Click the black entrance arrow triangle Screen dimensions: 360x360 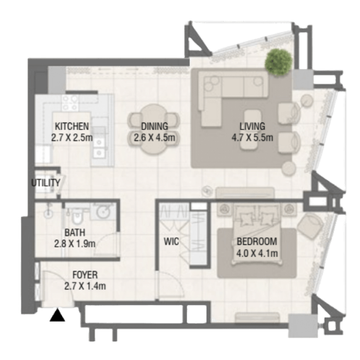[x=57, y=315]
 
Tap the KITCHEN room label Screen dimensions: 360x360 [x=72, y=126]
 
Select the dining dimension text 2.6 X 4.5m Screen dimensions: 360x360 [x=154, y=138]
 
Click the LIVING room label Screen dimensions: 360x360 [x=253, y=126]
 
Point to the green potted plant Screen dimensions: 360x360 [x=279, y=62]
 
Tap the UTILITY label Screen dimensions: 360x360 [x=46, y=183]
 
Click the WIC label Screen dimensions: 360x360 [x=171, y=242]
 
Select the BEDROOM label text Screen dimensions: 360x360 [x=257, y=242]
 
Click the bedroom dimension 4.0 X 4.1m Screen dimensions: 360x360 [x=257, y=253]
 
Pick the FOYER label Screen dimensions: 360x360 [x=85, y=275]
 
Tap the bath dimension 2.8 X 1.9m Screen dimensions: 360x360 [x=75, y=244]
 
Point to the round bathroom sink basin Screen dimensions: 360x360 [x=102, y=213]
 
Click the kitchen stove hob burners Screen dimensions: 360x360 [x=70, y=103]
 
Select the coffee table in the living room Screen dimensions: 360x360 [x=253, y=130]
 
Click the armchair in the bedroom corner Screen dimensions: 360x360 [x=309, y=226]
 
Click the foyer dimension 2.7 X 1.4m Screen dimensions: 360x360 [x=85, y=286]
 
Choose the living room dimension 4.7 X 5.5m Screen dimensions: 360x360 [x=253, y=138]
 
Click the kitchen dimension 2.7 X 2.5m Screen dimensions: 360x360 [x=72, y=138]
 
